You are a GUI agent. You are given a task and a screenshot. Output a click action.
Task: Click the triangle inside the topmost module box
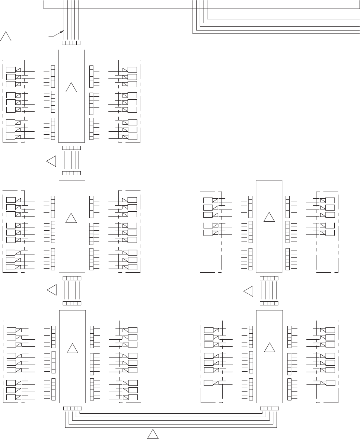click(x=71, y=88)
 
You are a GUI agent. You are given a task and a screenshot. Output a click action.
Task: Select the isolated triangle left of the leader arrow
click(x=6, y=36)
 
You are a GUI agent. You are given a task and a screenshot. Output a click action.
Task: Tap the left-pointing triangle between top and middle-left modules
click(x=51, y=161)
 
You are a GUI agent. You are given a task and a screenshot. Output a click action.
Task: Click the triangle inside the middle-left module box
click(x=71, y=218)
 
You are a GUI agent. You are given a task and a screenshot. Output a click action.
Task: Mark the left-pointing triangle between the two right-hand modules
click(x=249, y=291)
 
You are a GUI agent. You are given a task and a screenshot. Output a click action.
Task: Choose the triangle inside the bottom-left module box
click(x=72, y=349)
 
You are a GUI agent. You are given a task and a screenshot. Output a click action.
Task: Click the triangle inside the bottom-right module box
click(x=270, y=347)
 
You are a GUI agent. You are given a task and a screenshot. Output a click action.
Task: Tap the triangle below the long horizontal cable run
click(x=153, y=434)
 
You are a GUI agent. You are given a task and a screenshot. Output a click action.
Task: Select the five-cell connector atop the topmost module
click(x=71, y=43)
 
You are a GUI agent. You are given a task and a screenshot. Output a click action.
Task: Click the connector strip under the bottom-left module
click(x=72, y=408)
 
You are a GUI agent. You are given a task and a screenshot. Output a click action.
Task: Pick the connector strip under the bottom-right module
click(x=270, y=408)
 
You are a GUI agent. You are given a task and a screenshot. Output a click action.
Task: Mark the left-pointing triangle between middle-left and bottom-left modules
click(x=52, y=290)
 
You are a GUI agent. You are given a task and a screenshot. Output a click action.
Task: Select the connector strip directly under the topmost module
click(x=71, y=148)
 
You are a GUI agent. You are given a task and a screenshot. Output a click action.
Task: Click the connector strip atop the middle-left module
click(x=71, y=173)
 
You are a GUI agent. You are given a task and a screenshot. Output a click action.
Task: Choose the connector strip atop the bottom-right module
click(x=269, y=303)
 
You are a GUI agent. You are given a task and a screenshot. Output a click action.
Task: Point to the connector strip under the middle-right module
click(x=269, y=278)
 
